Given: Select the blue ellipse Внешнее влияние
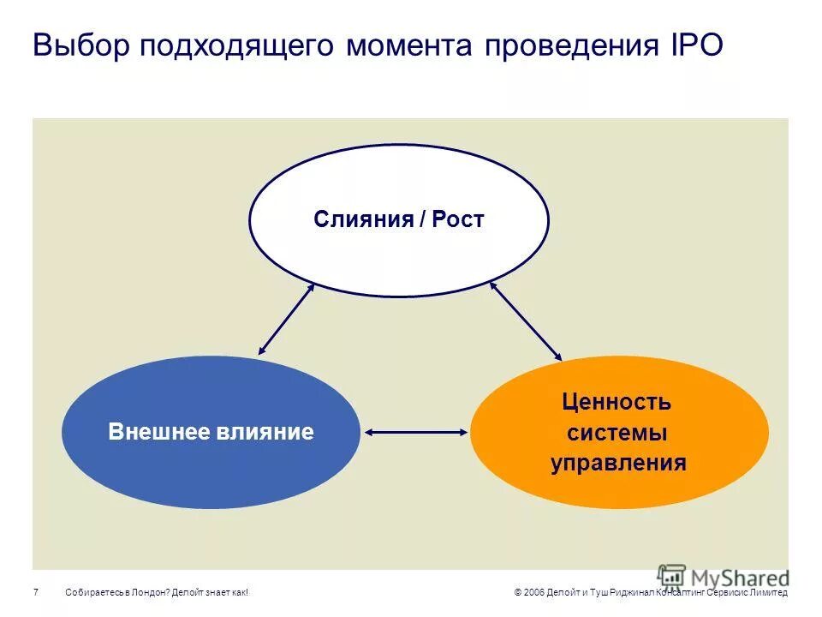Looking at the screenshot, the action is pyautogui.click(x=211, y=463).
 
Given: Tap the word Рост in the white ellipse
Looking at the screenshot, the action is pyautogui.click(x=458, y=219).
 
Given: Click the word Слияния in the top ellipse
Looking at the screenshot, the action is pyautogui.click(x=362, y=219).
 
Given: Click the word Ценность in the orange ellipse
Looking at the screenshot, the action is pyautogui.click(x=616, y=402).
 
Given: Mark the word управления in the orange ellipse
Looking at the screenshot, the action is pyautogui.click(x=617, y=464).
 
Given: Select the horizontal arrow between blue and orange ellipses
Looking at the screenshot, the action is pyautogui.click(x=416, y=432).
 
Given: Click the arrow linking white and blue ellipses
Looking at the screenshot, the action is pyautogui.click(x=287, y=319).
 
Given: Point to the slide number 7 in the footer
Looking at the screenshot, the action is pyautogui.click(x=36, y=593).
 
